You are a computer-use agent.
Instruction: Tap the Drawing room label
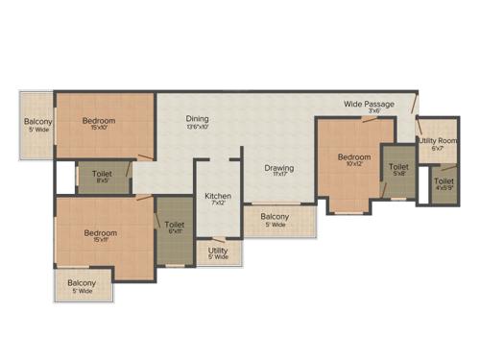point(279,168)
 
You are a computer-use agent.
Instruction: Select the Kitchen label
point(218,195)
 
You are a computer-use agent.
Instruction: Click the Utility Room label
point(437,141)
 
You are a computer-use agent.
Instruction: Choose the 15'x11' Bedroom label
point(100,233)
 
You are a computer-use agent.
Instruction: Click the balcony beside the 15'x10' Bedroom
point(38,126)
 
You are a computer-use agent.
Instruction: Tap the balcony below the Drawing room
point(275,221)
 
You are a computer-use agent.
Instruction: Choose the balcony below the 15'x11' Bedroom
point(82,287)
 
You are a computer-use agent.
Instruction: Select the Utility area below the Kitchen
point(218,252)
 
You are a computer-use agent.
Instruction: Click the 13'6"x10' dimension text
point(197,126)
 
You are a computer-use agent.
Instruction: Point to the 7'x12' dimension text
point(218,203)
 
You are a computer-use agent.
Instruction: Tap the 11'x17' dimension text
point(279,176)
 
